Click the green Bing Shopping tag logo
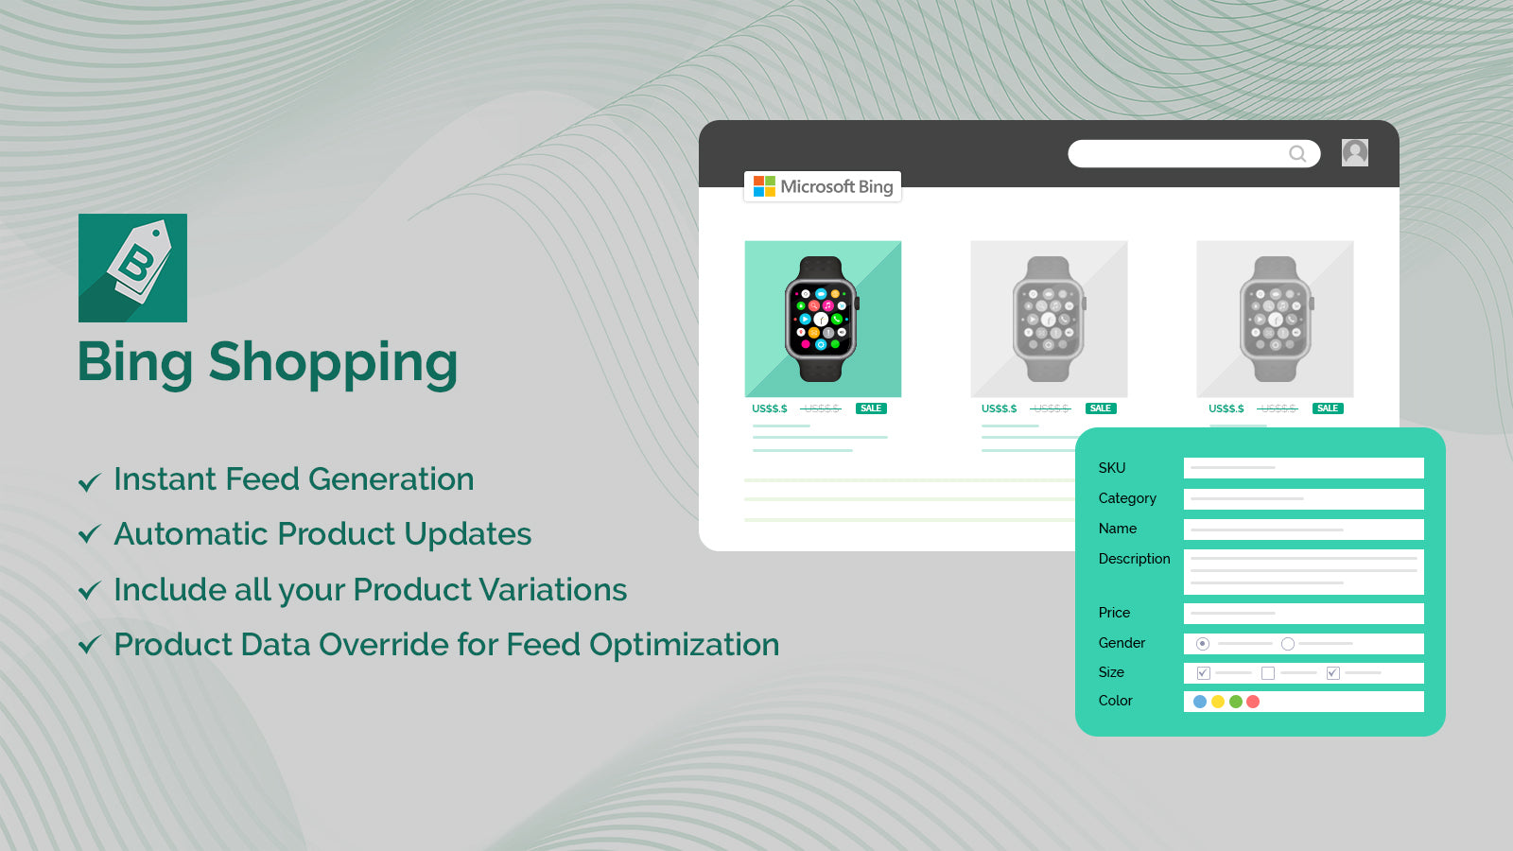click(132, 268)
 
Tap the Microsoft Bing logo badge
click(823, 186)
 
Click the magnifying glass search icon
click(1297, 153)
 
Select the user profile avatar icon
click(1354, 152)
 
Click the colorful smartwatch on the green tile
click(821, 319)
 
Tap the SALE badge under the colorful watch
click(871, 408)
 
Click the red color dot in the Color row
click(1253, 702)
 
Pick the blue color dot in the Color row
click(1200, 702)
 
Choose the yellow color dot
click(1218, 702)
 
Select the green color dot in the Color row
click(1236, 702)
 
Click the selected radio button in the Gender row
click(1203, 644)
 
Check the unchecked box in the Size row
click(1268, 673)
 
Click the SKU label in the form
click(1112, 468)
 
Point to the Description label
click(1134, 559)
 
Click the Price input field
click(1303, 613)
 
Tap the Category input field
click(1303, 498)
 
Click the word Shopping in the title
click(333, 363)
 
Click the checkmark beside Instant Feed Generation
click(89, 482)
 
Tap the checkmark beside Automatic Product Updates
click(89, 535)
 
